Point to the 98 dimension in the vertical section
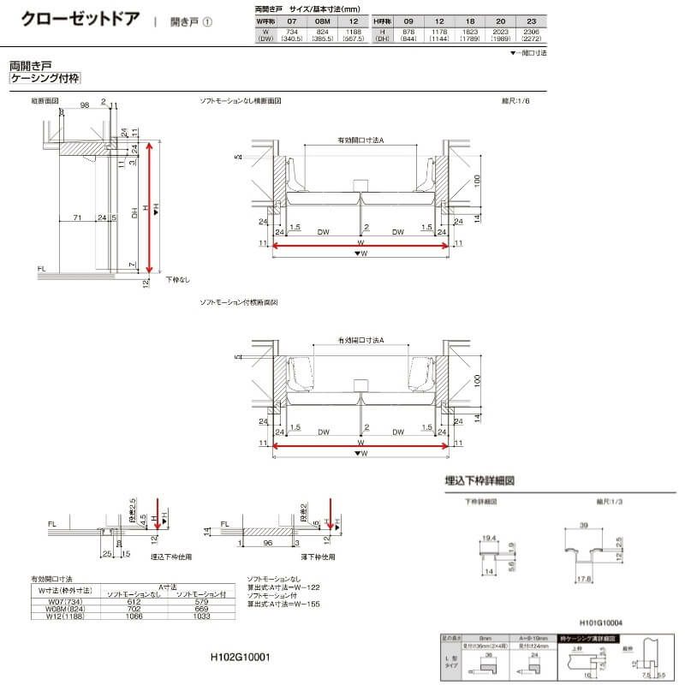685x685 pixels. tap(84, 104)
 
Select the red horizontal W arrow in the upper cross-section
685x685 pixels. tap(360, 245)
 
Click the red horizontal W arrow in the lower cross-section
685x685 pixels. tap(360, 444)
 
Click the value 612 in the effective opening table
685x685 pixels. tap(131, 601)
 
